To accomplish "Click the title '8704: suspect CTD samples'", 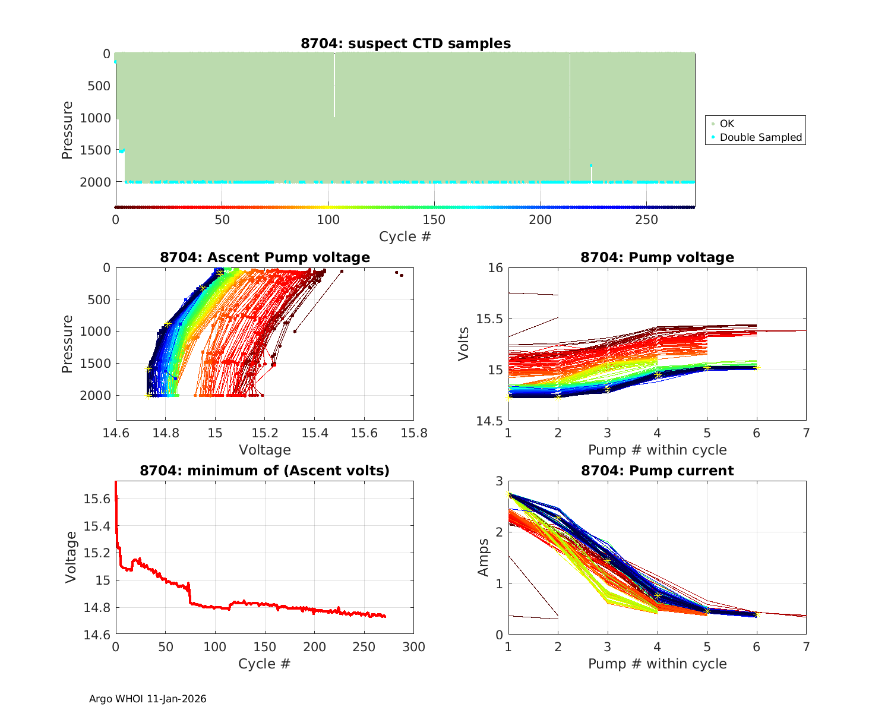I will tap(406, 43).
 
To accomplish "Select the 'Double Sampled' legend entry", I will tap(760, 137).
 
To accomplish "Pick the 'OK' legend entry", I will tap(726, 124).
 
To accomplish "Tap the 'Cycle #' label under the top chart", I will tap(405, 236).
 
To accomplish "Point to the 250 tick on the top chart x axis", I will tap(647, 220).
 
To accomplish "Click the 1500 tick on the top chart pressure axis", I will tap(94, 150).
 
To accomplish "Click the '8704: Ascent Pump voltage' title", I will tap(265, 257).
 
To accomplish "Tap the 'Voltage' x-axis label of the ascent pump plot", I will tap(265, 450).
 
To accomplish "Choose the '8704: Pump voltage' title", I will tap(657, 257).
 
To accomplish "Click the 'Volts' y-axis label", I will tap(464, 343).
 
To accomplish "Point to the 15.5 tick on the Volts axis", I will tap(488, 319).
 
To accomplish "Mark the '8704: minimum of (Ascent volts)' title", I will tap(265, 471).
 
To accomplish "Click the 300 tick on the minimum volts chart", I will tap(414, 647).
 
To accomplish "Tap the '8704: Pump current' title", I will tap(657, 471).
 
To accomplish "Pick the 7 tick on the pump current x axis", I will tap(806, 647).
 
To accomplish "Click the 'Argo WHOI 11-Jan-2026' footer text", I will tap(148, 699).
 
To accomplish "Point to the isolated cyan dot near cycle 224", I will tap(591, 165).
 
